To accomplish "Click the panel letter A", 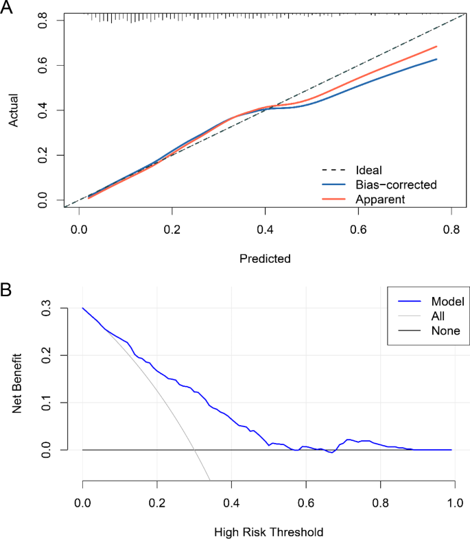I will [8, 9].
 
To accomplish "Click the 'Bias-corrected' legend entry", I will [396, 184].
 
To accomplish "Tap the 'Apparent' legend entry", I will [380, 199].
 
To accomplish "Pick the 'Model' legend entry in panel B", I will [447, 301].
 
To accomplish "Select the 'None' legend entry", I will [445, 331].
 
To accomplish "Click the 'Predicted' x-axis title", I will [265, 259].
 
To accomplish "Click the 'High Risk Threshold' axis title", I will [268, 531].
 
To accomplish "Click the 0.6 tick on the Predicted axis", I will [357, 230].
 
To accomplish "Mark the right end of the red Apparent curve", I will [436, 47].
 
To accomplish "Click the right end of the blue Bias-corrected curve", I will [436, 59].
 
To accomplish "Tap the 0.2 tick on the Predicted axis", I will [172, 230].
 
